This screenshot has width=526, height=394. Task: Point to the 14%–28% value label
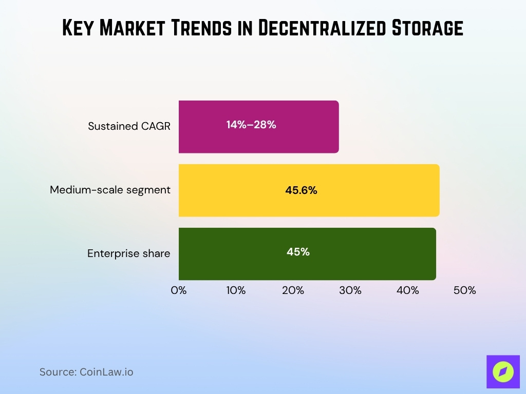click(x=251, y=124)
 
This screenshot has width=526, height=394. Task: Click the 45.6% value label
click(x=301, y=190)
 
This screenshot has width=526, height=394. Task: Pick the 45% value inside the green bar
click(x=298, y=252)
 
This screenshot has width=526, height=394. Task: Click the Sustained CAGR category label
click(x=129, y=126)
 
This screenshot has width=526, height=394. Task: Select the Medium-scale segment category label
click(x=110, y=190)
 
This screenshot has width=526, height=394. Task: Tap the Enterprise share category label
click(x=128, y=253)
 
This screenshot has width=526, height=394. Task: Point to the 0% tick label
click(x=179, y=290)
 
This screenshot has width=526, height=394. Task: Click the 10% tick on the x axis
click(x=236, y=290)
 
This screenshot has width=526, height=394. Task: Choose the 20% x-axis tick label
click(x=293, y=290)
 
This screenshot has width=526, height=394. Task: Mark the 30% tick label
click(x=350, y=290)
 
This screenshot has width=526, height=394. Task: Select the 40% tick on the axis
click(x=407, y=290)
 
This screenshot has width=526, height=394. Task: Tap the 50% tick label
click(x=465, y=290)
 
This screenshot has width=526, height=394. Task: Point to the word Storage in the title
click(x=427, y=29)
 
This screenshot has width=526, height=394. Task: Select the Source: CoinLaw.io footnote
click(x=86, y=372)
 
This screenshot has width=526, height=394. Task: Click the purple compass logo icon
click(x=503, y=371)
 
